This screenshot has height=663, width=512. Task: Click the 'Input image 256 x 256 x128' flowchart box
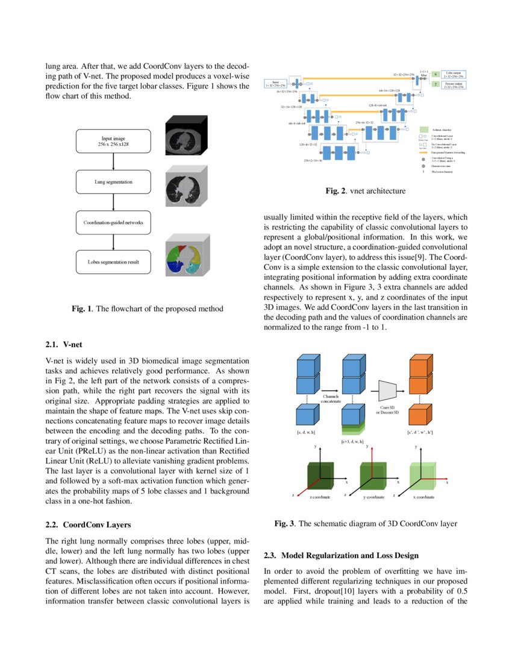[x=113, y=142]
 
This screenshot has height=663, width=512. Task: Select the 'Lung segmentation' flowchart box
[x=113, y=181]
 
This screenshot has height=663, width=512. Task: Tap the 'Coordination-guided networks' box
[x=113, y=222]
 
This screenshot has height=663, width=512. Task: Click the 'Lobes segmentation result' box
[x=113, y=263]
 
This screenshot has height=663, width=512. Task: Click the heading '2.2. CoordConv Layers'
[x=88, y=524]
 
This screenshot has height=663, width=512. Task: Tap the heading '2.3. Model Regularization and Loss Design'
[x=341, y=555]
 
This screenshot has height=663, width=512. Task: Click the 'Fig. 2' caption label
[x=336, y=191]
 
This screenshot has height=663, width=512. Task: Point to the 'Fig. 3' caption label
[x=284, y=524]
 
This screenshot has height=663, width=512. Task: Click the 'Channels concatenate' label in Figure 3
[x=332, y=398]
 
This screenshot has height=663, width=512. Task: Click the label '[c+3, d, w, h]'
[x=354, y=442]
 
